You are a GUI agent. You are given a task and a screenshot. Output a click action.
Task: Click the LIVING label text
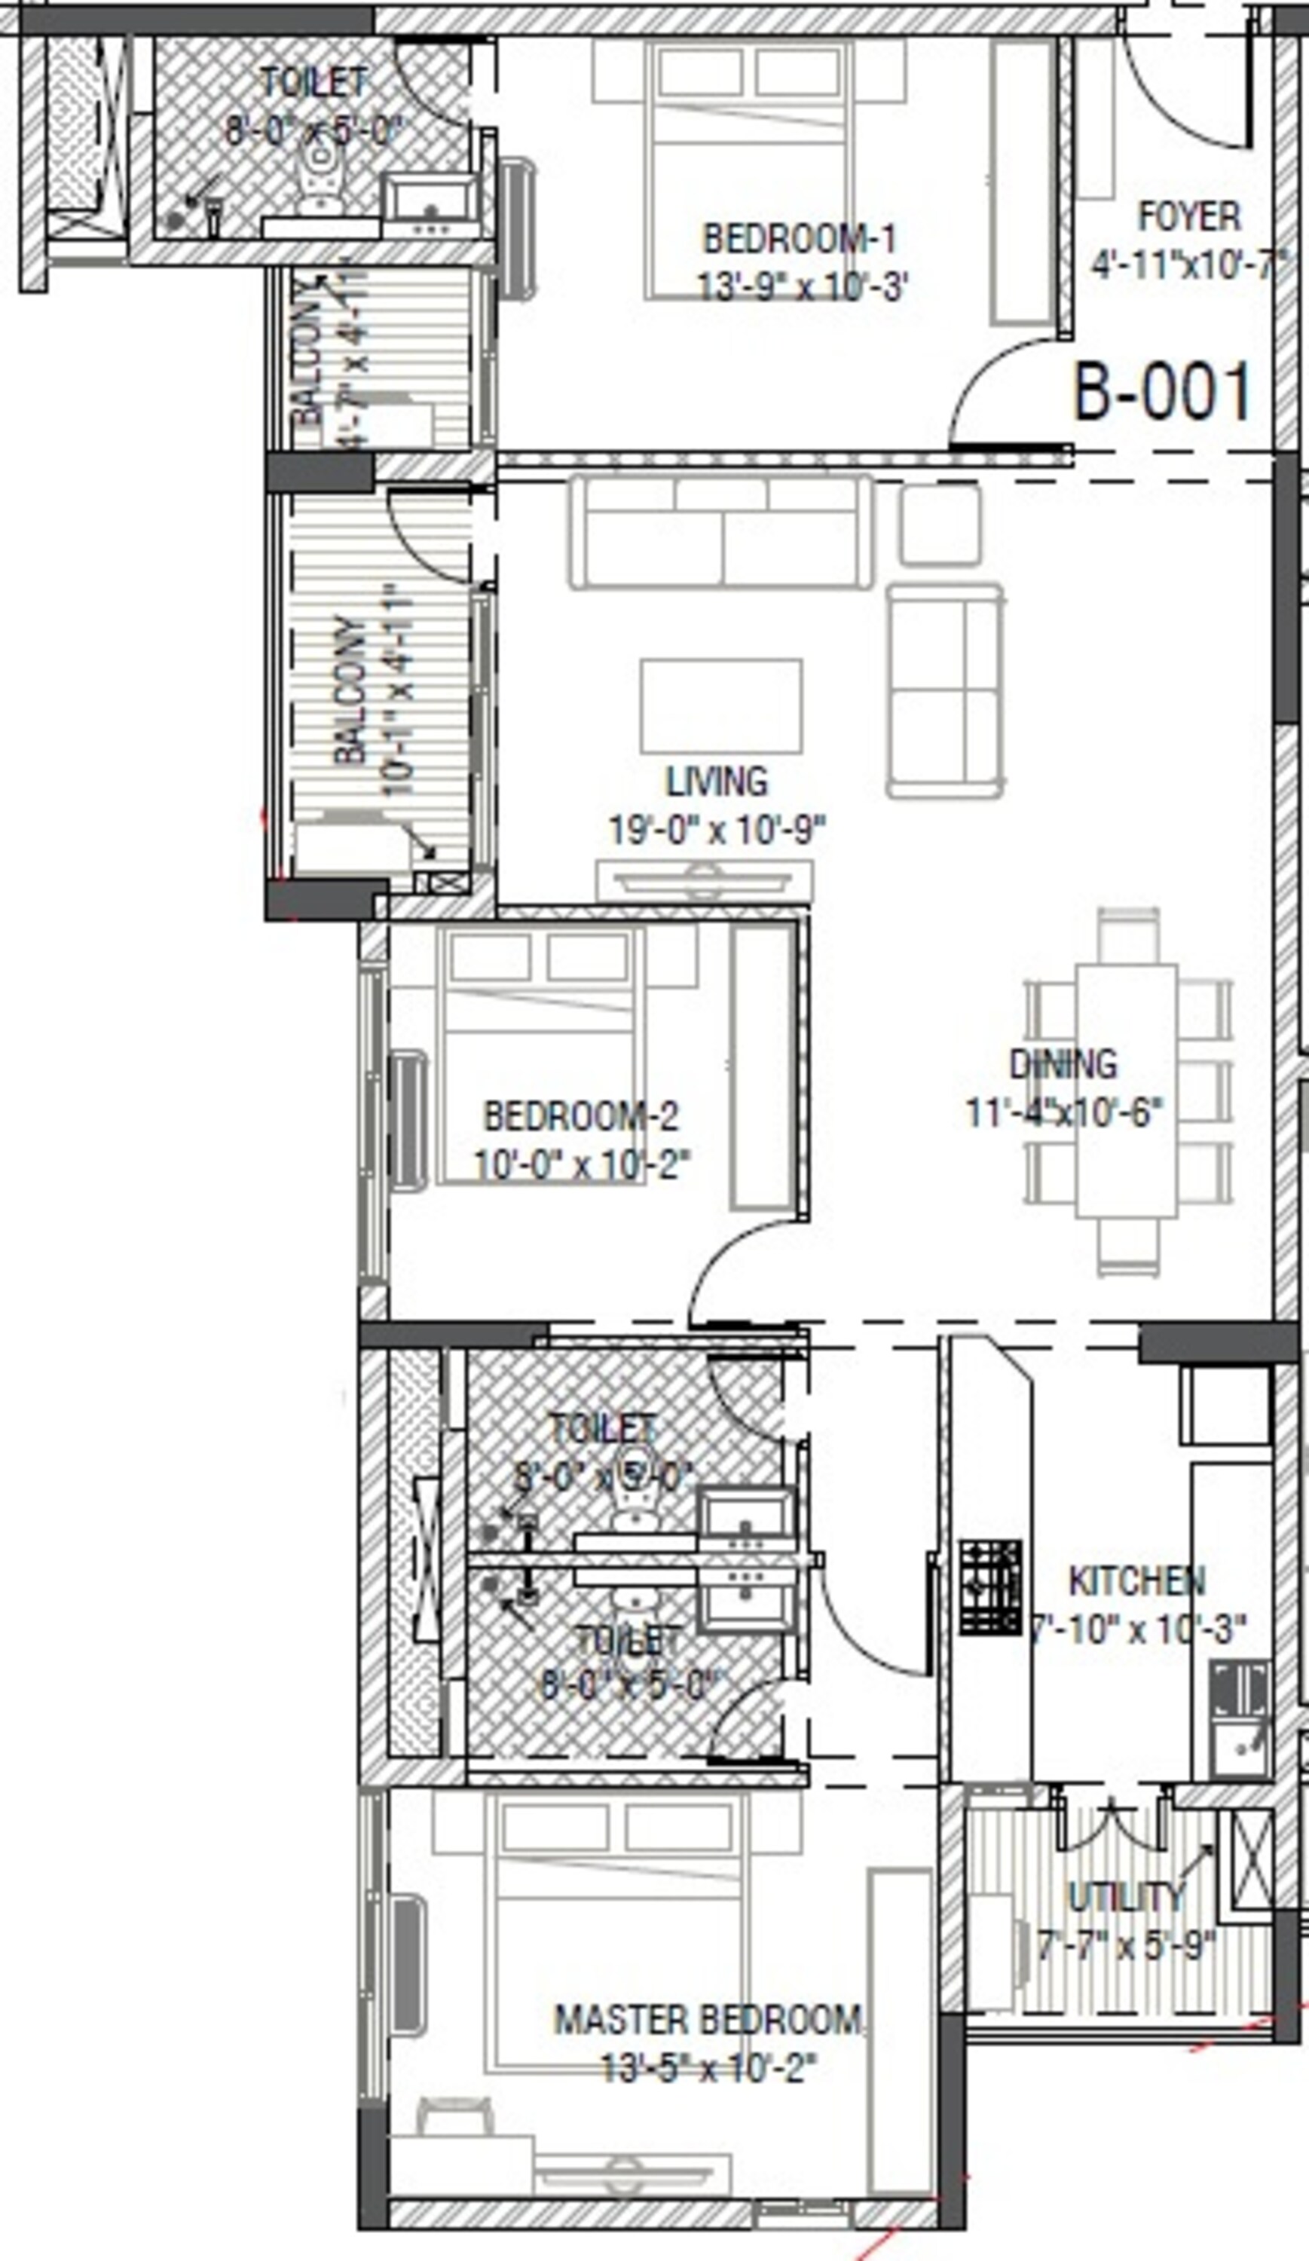[x=717, y=782]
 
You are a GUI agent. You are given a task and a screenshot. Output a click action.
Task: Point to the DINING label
[x=1063, y=1064]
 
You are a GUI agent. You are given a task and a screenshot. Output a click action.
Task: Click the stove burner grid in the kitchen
[x=990, y=1587]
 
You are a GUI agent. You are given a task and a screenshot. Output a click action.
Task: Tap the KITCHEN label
[x=1136, y=1581]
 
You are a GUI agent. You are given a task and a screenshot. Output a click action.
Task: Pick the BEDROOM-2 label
[x=581, y=1116]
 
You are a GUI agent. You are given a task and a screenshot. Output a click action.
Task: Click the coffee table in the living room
[x=720, y=706]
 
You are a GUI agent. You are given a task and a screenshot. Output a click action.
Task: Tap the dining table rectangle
[x=1127, y=1090]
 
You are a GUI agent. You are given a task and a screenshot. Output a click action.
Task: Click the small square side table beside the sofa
[x=939, y=525]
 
